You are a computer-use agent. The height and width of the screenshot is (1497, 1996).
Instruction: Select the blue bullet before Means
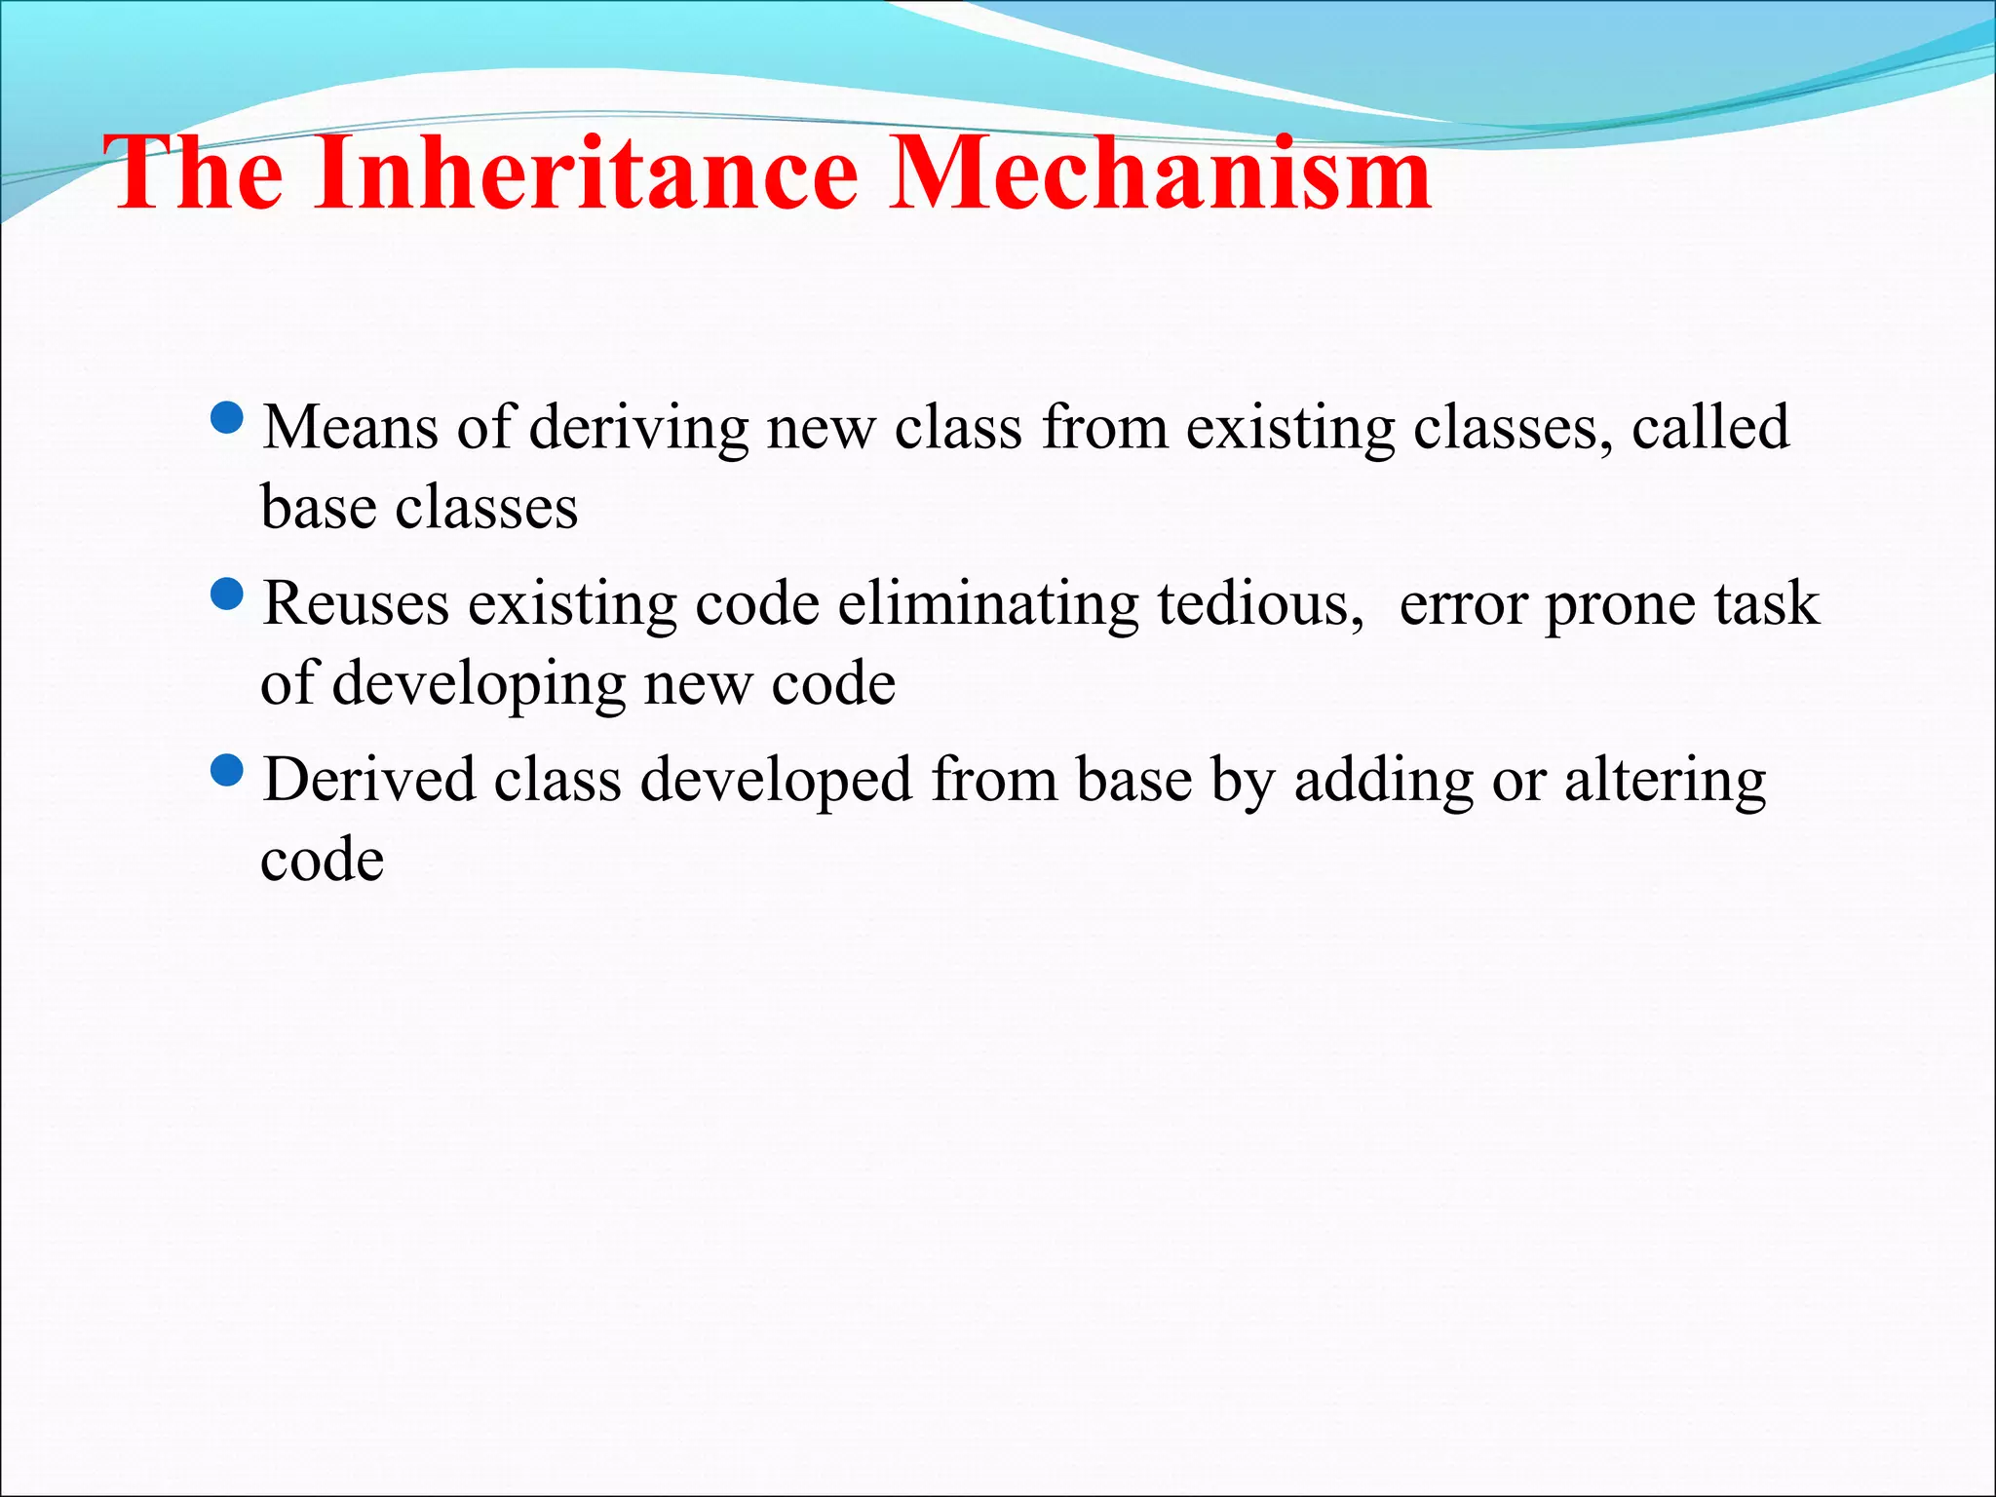click(x=227, y=418)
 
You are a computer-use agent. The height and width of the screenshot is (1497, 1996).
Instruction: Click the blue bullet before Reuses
click(x=227, y=595)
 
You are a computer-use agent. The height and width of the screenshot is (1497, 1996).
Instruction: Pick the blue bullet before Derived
click(x=227, y=771)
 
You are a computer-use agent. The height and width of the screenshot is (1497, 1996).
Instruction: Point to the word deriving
click(x=638, y=429)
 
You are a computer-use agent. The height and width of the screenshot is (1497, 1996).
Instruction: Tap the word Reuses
click(x=356, y=604)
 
